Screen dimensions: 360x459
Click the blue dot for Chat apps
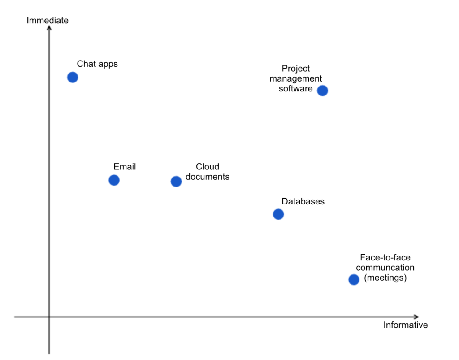pos(73,78)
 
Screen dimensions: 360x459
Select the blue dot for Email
pos(114,180)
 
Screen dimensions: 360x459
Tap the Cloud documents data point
pos(176,182)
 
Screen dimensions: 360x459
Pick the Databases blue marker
pos(278,214)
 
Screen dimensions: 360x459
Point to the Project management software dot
pos(322,91)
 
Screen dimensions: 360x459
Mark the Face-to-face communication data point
pos(354,280)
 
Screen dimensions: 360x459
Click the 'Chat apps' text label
pos(97,64)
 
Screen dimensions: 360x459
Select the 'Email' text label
pos(125,167)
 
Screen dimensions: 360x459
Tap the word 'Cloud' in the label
pos(208,167)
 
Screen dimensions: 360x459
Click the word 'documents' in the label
pos(208,177)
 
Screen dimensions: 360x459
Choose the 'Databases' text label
pos(303,201)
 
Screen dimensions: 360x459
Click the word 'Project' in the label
pos(296,69)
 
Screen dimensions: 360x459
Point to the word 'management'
pos(296,78)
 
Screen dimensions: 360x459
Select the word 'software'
pos(296,88)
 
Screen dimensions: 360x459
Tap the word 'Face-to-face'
pos(385,258)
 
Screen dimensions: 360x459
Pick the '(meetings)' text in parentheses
pos(385,278)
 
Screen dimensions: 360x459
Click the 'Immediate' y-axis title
pos(48,20)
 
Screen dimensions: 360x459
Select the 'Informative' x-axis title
pos(405,325)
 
